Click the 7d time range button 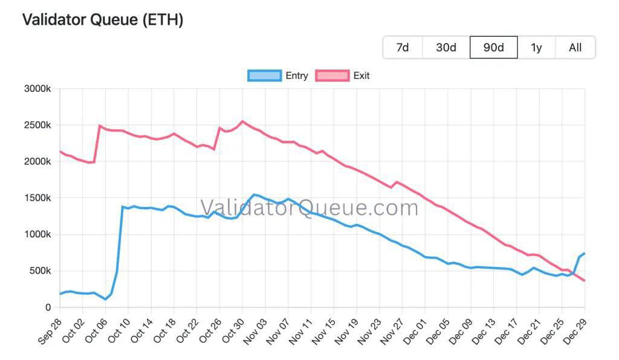(403, 48)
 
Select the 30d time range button (446, 48)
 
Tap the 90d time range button (493, 48)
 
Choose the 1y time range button (536, 48)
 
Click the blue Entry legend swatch (265, 76)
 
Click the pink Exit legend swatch (332, 76)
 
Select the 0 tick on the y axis (48, 307)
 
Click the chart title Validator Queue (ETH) (103, 20)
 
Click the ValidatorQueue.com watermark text (309, 208)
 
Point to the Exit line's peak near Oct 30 (242, 121)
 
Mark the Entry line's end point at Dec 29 (585, 254)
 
